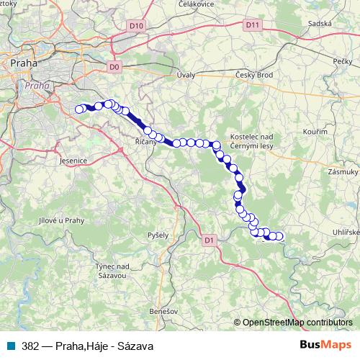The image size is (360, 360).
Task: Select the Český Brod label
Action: pyautogui.click(x=252, y=75)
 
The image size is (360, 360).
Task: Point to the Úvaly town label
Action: pyautogui.click(x=186, y=75)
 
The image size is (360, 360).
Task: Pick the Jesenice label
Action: pyautogui.click(x=74, y=162)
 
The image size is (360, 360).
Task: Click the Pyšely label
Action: pyautogui.click(x=158, y=235)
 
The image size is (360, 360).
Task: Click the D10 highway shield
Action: pyautogui.click(x=137, y=26)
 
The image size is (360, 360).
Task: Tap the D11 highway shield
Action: pyautogui.click(x=251, y=25)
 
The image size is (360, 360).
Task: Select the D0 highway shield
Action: pyautogui.click(x=113, y=67)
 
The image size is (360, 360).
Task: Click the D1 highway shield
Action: pyautogui.click(x=209, y=240)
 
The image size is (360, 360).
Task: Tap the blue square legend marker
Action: pyautogui.click(x=11, y=346)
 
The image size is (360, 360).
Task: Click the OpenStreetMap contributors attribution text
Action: pyautogui.click(x=297, y=323)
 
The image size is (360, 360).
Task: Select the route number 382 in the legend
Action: pyautogui.click(x=30, y=346)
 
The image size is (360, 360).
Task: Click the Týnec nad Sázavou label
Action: pyautogui.click(x=112, y=271)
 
